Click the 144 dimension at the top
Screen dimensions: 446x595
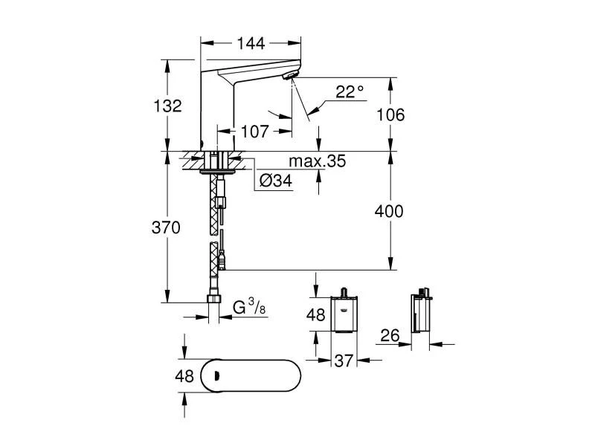252,43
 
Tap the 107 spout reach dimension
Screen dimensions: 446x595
254,132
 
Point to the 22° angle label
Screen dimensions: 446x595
350,91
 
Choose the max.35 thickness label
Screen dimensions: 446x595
318,161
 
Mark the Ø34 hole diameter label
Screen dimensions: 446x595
277,180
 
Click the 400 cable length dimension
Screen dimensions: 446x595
389,211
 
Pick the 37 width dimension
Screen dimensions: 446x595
343,361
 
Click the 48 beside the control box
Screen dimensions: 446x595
316,314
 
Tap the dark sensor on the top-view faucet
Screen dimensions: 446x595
216,376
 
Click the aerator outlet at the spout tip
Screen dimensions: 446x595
291,77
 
